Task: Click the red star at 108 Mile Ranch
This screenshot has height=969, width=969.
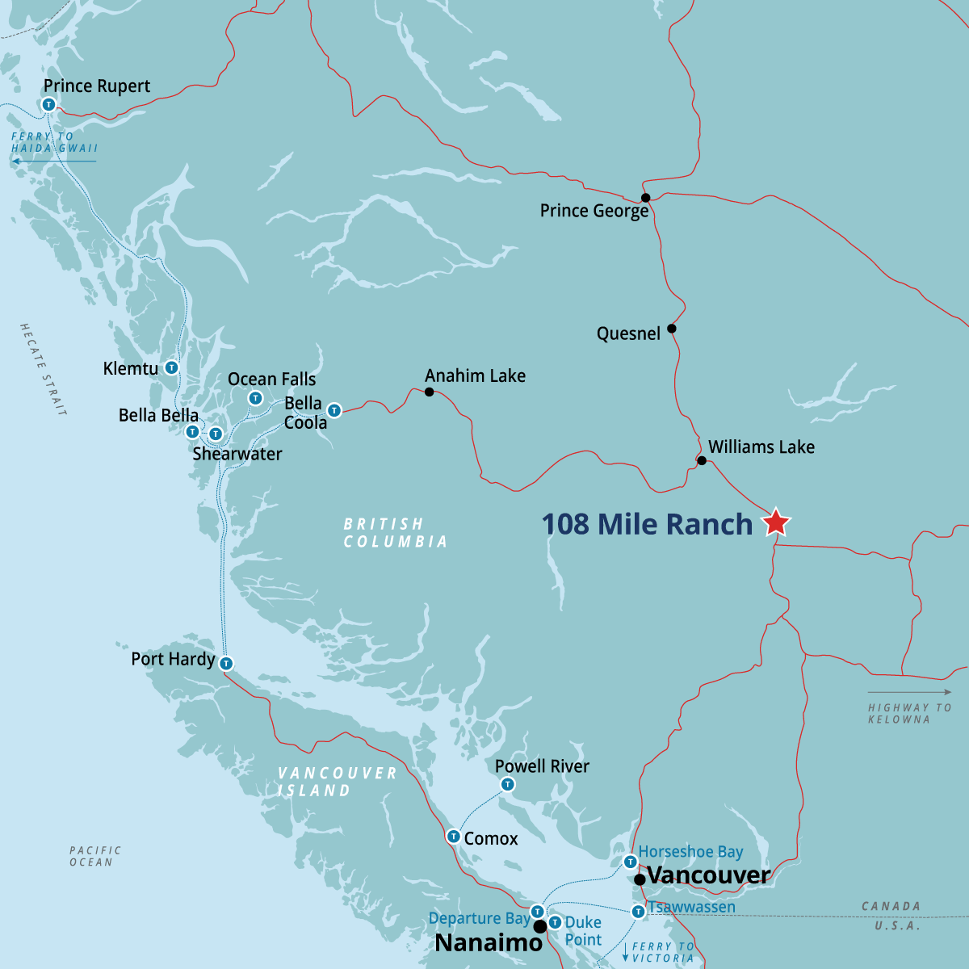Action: click(x=776, y=522)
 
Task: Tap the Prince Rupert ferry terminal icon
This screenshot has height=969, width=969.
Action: click(x=48, y=104)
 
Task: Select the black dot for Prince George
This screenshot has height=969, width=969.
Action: click(x=645, y=198)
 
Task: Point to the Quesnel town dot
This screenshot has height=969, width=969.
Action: click(x=672, y=329)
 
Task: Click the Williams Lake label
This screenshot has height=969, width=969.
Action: click(x=761, y=447)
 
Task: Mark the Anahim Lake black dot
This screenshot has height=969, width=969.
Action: click(x=430, y=392)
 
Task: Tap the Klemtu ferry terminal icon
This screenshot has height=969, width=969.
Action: click(x=171, y=368)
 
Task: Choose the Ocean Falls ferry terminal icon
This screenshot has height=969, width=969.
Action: click(x=255, y=397)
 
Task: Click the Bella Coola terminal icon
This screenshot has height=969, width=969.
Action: click(x=334, y=411)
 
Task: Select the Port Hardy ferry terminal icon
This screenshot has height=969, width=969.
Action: click(x=226, y=664)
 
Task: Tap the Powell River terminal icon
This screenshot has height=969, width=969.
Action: click(x=507, y=784)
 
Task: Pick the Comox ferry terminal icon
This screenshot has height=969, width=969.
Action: click(x=453, y=837)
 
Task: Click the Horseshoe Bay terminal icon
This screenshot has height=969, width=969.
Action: click(x=630, y=862)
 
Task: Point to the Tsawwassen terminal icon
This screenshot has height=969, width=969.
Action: click(x=638, y=912)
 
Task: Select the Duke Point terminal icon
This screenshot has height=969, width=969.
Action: click(x=555, y=922)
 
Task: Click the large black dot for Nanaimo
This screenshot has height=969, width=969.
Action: click(x=540, y=926)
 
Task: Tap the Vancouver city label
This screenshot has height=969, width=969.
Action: click(x=708, y=875)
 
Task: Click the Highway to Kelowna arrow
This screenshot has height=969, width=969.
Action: click(x=909, y=692)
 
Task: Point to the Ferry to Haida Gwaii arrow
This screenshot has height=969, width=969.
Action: click(x=53, y=161)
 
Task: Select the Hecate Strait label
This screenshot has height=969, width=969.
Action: click(x=43, y=369)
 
